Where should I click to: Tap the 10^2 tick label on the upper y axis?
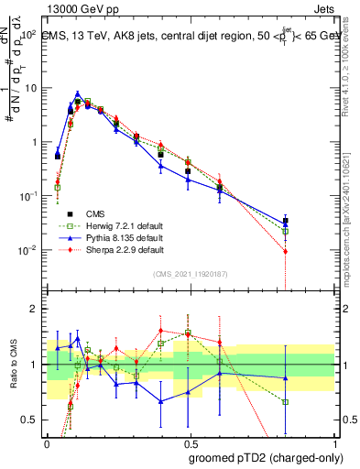tap(27, 34)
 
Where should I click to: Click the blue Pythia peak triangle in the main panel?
tap(78, 93)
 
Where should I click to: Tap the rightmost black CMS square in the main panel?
tap(286, 221)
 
